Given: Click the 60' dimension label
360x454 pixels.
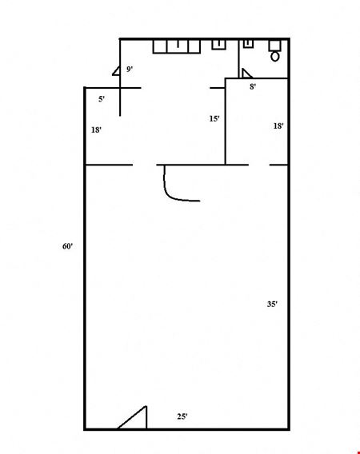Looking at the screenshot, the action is (67, 246).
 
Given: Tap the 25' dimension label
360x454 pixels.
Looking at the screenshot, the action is (182, 416).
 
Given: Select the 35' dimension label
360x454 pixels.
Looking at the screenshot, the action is (272, 304).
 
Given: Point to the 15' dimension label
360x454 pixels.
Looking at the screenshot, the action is (214, 119).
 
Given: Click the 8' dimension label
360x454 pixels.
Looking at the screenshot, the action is (253, 86).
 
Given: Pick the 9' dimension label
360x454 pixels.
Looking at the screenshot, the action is (130, 70).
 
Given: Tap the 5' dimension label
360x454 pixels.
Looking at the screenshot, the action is (102, 99).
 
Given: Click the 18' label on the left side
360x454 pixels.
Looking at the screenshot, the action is (96, 130).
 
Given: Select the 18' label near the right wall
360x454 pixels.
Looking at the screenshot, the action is (278, 126).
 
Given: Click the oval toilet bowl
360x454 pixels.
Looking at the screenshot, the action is (275, 56).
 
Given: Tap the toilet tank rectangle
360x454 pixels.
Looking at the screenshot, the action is (274, 46).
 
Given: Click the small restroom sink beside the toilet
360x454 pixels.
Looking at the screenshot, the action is (248, 44).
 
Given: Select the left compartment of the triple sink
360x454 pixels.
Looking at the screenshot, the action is (160, 46).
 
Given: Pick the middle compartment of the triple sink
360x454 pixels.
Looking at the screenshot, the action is (178, 46).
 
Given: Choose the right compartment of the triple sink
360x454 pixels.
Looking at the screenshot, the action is (194, 46).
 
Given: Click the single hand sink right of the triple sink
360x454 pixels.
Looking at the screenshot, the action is (219, 45).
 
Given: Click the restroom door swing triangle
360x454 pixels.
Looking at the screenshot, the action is (246, 74).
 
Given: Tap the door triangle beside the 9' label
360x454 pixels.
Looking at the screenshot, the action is (117, 72).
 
